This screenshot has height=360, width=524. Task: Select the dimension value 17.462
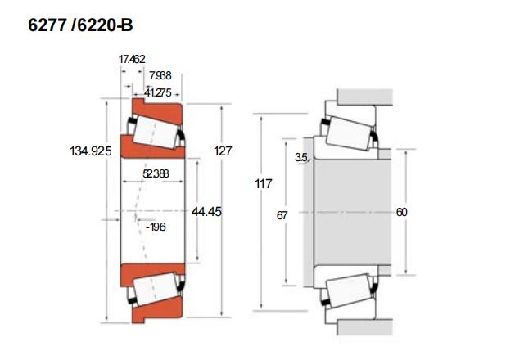132,60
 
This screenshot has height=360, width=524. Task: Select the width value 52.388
156,173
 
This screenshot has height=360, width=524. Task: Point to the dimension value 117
263,184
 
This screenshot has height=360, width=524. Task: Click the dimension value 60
401,212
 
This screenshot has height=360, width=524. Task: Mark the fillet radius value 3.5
301,157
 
